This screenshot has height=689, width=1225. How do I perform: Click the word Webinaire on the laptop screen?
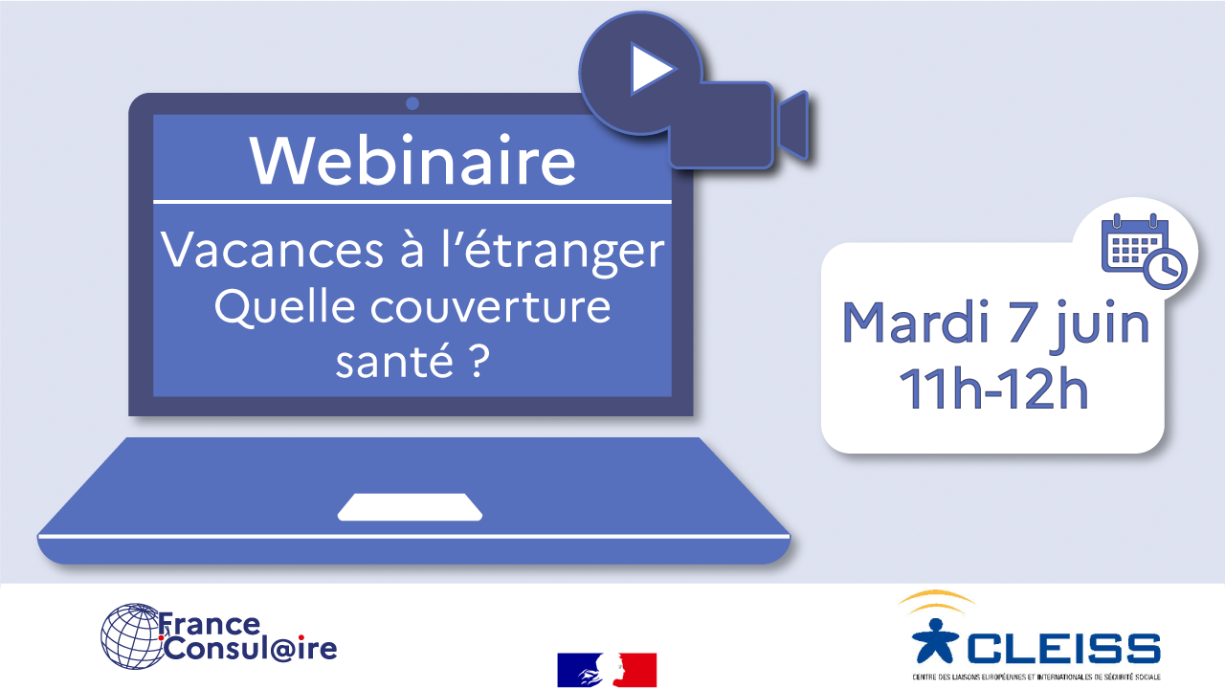[x=412, y=160]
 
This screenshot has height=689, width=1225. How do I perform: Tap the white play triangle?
[x=651, y=69]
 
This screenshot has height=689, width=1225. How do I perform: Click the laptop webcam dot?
[x=412, y=103]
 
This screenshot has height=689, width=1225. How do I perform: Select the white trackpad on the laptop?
[x=410, y=507]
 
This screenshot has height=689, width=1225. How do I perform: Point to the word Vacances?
[x=272, y=250]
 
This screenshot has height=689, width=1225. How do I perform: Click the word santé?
[x=394, y=360]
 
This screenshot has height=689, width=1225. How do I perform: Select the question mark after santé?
[x=478, y=360]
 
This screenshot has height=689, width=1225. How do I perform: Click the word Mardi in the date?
[x=916, y=322]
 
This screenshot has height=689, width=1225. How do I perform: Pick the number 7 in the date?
[x=1021, y=322]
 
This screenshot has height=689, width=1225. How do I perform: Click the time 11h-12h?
[x=993, y=388]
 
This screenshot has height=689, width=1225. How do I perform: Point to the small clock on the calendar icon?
[x=1166, y=269]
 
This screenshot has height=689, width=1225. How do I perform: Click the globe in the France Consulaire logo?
[x=133, y=636]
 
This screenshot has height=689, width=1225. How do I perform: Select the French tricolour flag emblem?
[x=607, y=669]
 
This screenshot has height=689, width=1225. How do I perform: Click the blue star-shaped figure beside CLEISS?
[x=935, y=641]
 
